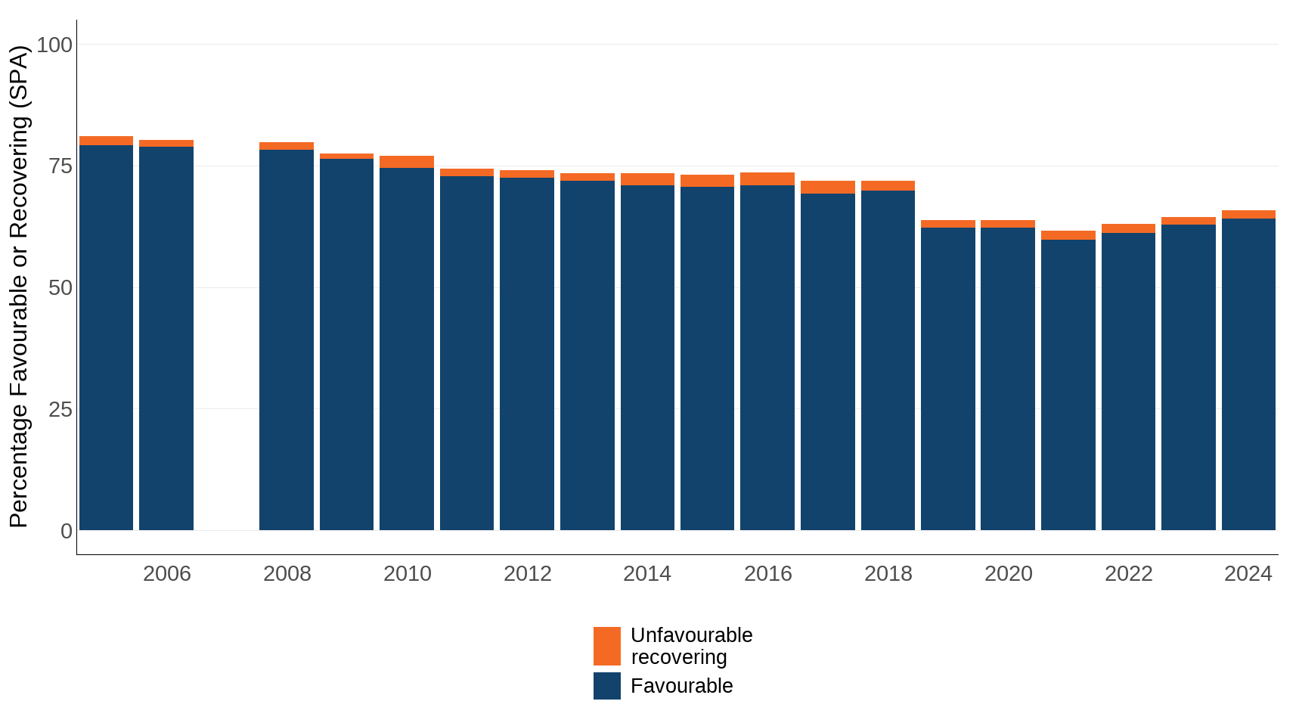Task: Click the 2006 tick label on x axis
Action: [x=166, y=574]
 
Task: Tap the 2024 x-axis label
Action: [x=1248, y=574]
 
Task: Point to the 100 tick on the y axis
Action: [x=54, y=45]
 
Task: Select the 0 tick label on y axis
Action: [x=67, y=531]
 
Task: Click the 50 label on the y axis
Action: [x=60, y=288]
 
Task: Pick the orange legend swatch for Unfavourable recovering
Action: [x=606, y=646]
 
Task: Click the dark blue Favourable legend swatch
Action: [x=606, y=686]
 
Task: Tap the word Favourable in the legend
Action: [x=681, y=686]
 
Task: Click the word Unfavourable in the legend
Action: [x=691, y=635]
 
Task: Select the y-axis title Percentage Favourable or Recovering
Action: [x=19, y=287]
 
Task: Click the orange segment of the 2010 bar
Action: [x=407, y=162]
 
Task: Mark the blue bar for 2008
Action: [x=287, y=340]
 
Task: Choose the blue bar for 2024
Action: [x=1248, y=374]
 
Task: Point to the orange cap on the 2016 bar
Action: [x=767, y=179]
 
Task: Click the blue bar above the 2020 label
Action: [x=1008, y=378]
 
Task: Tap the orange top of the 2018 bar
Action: [x=888, y=186]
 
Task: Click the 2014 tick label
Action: [x=647, y=574]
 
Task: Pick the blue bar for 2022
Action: [x=1128, y=382]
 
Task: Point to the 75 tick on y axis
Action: [x=60, y=166]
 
